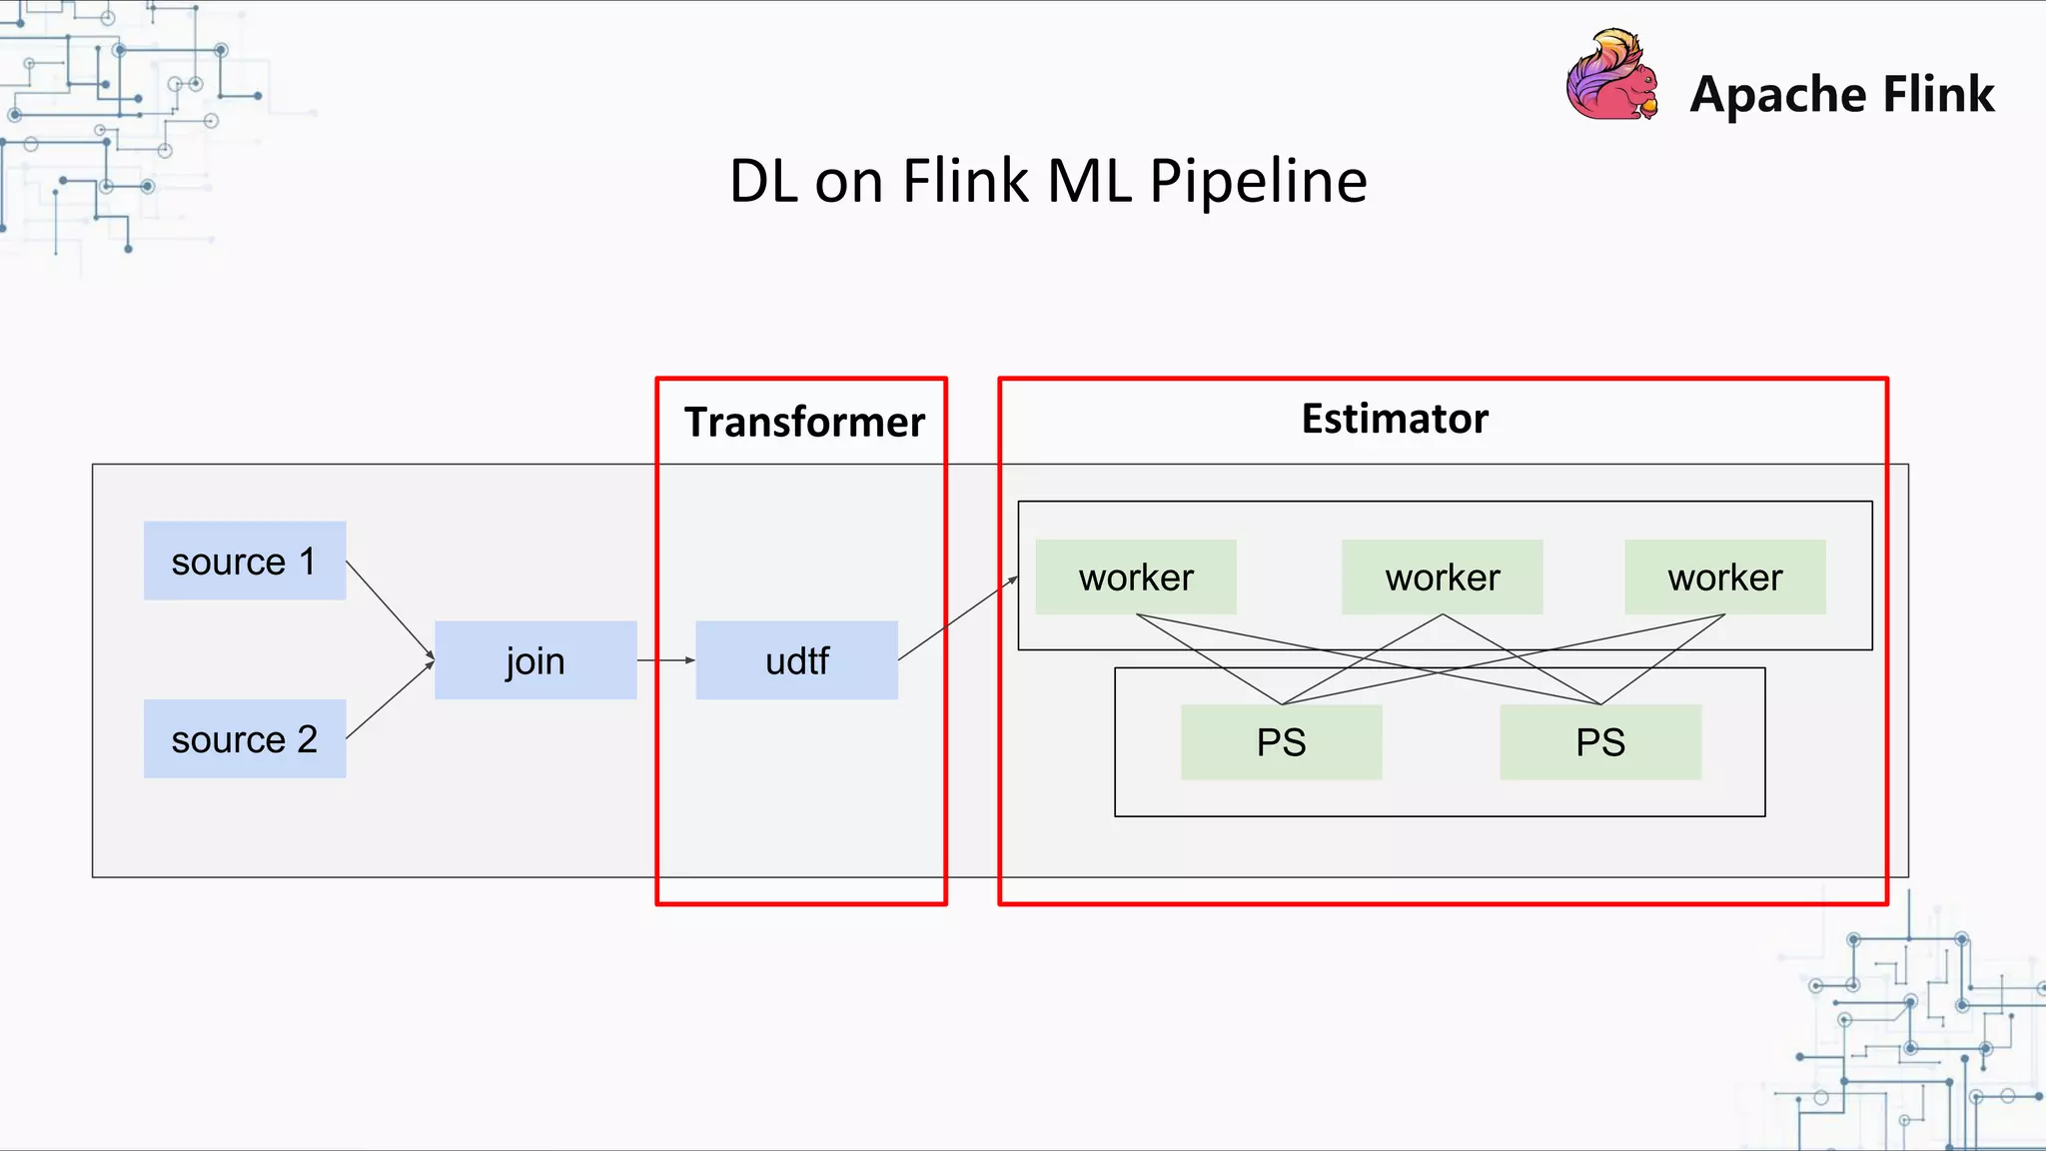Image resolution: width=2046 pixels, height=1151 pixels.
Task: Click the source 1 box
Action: [x=245, y=561]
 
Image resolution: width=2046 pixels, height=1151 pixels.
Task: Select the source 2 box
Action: [x=245, y=738]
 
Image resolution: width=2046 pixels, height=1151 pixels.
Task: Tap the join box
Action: [x=535, y=660]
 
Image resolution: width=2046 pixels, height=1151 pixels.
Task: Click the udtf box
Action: [x=796, y=660]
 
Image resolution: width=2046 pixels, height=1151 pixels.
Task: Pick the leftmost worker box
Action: [x=1136, y=577]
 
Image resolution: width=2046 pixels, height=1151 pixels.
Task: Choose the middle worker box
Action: [x=1442, y=577]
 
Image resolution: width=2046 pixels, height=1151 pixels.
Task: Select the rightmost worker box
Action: [x=1724, y=577]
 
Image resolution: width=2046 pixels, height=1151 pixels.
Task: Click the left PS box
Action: [x=1281, y=742]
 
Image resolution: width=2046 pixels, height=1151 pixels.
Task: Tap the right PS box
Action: [x=1599, y=742]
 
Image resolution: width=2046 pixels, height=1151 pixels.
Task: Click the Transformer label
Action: [x=804, y=422]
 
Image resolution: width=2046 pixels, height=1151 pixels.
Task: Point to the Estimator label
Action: [x=1395, y=419]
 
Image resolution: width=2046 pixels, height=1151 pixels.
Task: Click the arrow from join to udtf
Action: [x=666, y=660]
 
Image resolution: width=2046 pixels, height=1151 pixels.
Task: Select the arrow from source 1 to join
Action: [x=390, y=610]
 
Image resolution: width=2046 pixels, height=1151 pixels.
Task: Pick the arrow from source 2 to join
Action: [x=390, y=700]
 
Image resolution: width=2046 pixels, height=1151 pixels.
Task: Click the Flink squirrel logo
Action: [x=1611, y=76]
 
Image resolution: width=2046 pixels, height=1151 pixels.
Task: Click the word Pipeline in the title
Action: [x=1258, y=181]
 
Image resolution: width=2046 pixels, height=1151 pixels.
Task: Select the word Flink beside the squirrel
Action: [x=1938, y=94]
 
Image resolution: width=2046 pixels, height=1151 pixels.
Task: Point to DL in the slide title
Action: [x=764, y=182]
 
